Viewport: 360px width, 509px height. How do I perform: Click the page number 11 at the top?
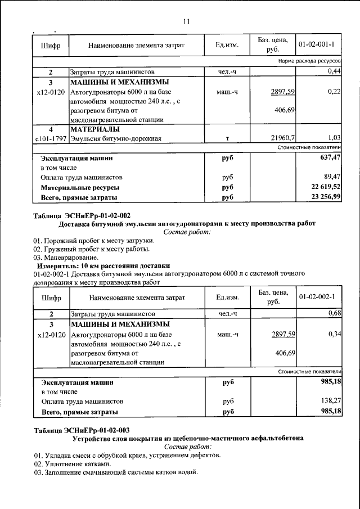(x=186, y=22)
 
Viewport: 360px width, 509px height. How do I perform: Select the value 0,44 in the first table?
(x=335, y=71)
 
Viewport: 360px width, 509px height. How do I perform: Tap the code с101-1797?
(x=51, y=138)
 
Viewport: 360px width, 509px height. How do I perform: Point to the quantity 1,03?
(x=335, y=138)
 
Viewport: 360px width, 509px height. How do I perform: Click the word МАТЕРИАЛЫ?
(x=94, y=129)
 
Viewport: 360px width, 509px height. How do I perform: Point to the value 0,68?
(x=335, y=313)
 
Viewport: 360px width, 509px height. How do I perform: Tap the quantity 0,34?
(x=335, y=334)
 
